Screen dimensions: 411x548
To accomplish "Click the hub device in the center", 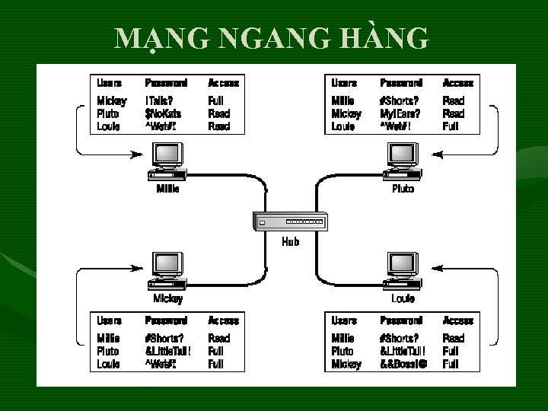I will point(290,221).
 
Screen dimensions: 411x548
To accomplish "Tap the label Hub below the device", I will point(290,242).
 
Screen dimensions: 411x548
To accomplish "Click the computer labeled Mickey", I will point(167,271).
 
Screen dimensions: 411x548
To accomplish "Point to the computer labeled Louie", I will point(402,271).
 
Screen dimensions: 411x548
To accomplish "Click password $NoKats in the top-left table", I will point(163,113).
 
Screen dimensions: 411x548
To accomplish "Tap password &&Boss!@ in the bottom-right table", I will point(403,365).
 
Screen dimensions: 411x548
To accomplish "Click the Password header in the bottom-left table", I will point(166,320).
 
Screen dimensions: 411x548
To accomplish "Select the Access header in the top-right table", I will point(457,83).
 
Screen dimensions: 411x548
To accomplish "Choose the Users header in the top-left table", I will point(109,83).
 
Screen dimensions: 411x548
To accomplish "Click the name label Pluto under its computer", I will point(403,189).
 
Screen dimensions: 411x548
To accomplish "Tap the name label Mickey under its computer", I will point(167,298).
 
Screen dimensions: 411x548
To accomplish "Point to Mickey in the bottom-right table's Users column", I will point(346,365).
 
